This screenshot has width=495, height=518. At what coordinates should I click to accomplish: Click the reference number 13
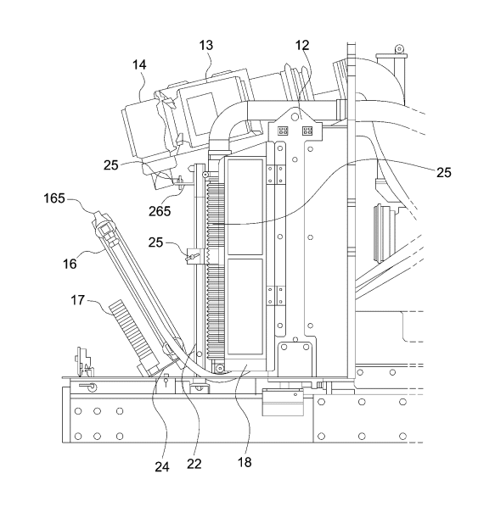click(205, 45)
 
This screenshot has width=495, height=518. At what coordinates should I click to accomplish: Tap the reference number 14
click(139, 64)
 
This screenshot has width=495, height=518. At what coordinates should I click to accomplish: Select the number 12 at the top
click(302, 45)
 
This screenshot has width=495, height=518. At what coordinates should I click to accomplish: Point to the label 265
click(160, 211)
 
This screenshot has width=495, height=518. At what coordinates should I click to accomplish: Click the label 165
click(54, 198)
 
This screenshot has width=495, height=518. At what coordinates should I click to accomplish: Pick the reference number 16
click(70, 264)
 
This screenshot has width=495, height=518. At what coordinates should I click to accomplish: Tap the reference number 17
click(78, 300)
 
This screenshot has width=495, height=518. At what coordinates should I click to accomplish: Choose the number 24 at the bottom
click(162, 467)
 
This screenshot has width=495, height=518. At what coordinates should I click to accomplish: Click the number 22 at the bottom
click(194, 464)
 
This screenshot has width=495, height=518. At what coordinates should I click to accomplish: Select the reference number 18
click(245, 462)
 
